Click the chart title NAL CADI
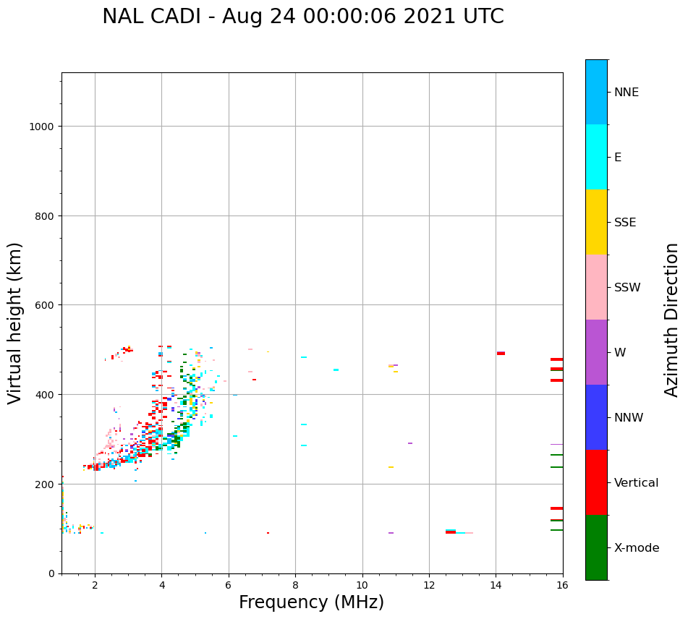(x=302, y=17)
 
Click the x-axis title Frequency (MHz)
(x=311, y=602)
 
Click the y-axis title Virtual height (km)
(x=15, y=323)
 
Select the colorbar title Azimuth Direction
(x=672, y=319)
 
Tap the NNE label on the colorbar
(x=627, y=92)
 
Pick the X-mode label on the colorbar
(x=637, y=547)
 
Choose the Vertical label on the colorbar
(x=637, y=482)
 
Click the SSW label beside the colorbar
(x=627, y=287)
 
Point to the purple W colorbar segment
(x=596, y=352)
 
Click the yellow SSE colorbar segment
(x=596, y=222)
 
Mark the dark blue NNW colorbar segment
(x=596, y=417)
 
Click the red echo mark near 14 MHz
(x=501, y=354)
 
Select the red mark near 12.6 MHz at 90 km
(x=451, y=532)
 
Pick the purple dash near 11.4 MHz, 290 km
(x=410, y=443)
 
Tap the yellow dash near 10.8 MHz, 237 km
(x=391, y=467)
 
